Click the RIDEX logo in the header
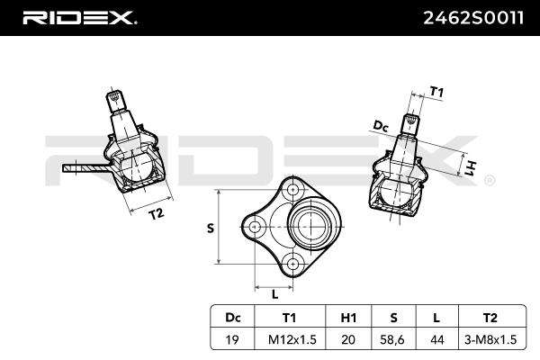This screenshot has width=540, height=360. pyautogui.click(x=79, y=17)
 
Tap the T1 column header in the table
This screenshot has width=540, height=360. pyautogui.click(x=289, y=316)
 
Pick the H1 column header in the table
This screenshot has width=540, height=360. pyautogui.click(x=349, y=316)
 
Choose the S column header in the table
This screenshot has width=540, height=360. pyautogui.click(x=394, y=316)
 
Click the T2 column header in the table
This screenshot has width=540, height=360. pyautogui.click(x=490, y=316)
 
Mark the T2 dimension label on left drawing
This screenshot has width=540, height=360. pyautogui.click(x=156, y=213)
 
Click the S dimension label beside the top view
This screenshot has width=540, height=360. pyautogui.click(x=211, y=228)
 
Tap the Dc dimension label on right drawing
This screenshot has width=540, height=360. pyautogui.click(x=380, y=127)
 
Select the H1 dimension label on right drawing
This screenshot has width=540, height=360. pyautogui.click(x=470, y=166)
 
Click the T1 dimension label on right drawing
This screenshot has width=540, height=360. pyautogui.click(x=436, y=91)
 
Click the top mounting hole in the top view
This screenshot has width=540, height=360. pyautogui.click(x=294, y=190)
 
